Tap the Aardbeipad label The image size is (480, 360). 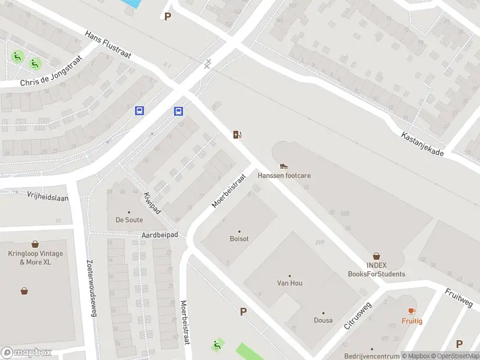[160, 235]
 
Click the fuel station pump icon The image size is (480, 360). [238, 134]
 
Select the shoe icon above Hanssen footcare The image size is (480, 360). [284, 166]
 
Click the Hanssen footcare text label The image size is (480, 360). [284, 176]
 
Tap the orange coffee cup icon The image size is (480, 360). [412, 310]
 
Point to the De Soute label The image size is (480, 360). [129, 220]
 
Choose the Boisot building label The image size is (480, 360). [239, 238]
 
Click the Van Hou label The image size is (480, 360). [289, 283]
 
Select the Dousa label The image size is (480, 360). [323, 320]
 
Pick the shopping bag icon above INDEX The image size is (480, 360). [377, 256]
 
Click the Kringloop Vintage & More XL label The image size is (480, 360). [35, 258]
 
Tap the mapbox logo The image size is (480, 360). [27, 353]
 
